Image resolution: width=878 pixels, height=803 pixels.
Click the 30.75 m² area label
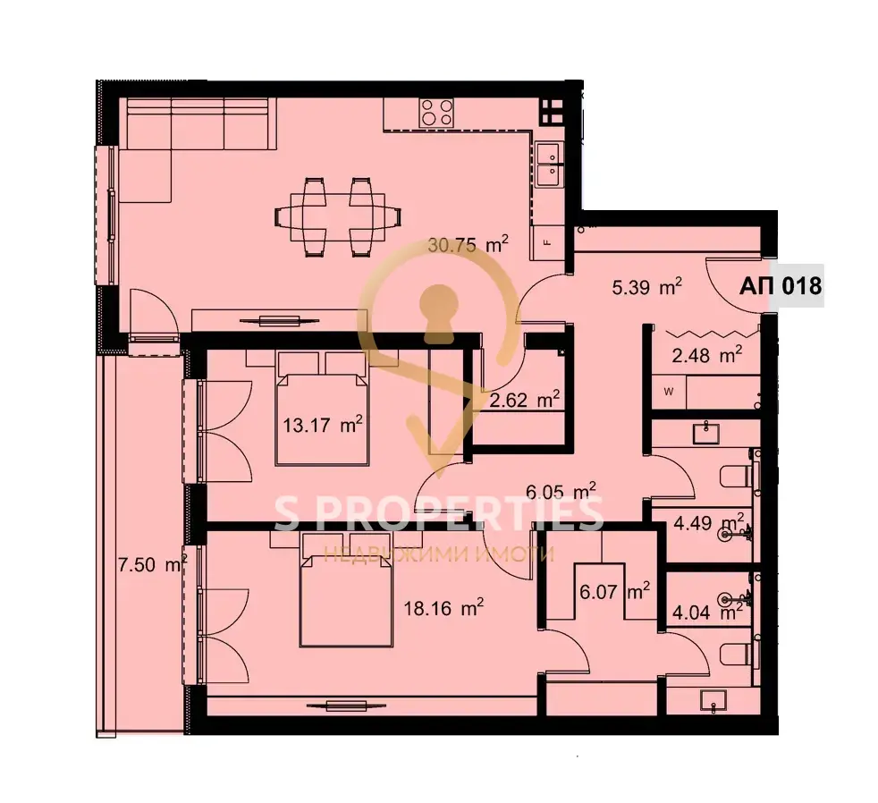[x=468, y=245]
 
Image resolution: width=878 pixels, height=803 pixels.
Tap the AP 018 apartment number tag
[x=781, y=286]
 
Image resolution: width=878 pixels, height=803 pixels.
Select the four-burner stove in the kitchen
[x=436, y=112]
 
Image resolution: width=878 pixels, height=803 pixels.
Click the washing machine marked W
[x=669, y=392]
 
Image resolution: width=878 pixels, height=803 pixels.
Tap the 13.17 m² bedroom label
[x=322, y=425]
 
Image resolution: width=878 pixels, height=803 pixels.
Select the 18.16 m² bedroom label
[x=443, y=607]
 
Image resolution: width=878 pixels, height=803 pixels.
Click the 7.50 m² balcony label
[x=152, y=564]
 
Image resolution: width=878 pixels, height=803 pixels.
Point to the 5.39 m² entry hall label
[x=646, y=287]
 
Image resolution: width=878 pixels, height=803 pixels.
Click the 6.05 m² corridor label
[x=561, y=491]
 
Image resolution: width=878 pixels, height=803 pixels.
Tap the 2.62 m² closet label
[x=524, y=400]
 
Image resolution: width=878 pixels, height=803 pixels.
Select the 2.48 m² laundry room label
[x=706, y=354]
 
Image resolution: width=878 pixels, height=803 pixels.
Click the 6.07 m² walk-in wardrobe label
[x=614, y=591]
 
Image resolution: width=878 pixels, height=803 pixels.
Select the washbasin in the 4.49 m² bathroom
[x=705, y=433]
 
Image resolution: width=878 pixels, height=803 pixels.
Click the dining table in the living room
[x=338, y=216]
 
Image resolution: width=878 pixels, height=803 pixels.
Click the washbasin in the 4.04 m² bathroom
[x=713, y=700]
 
